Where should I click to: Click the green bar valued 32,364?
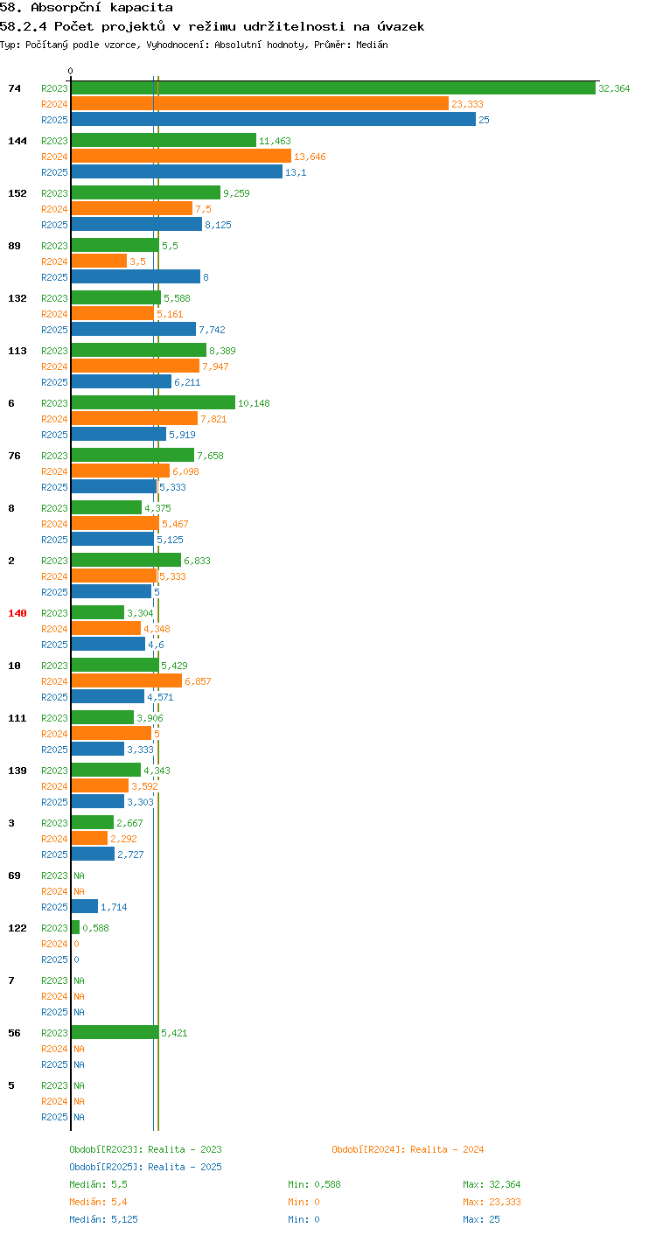[333, 87]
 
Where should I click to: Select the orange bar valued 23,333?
[260, 104]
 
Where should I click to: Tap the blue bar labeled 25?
[274, 119]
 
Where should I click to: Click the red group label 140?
[17, 613]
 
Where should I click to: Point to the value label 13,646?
[310, 157]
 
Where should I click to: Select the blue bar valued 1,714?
[85, 906]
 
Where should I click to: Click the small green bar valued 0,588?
[75, 927]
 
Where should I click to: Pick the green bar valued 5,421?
[115, 1032]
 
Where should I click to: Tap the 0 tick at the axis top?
[70, 71]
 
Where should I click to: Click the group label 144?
[17, 141]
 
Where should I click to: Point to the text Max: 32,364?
[492, 1184]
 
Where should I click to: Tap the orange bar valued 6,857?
[127, 680]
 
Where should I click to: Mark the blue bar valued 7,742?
[134, 329]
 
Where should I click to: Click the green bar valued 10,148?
[153, 402]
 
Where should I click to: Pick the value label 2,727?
[130, 855]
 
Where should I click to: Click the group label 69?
[14, 876]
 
